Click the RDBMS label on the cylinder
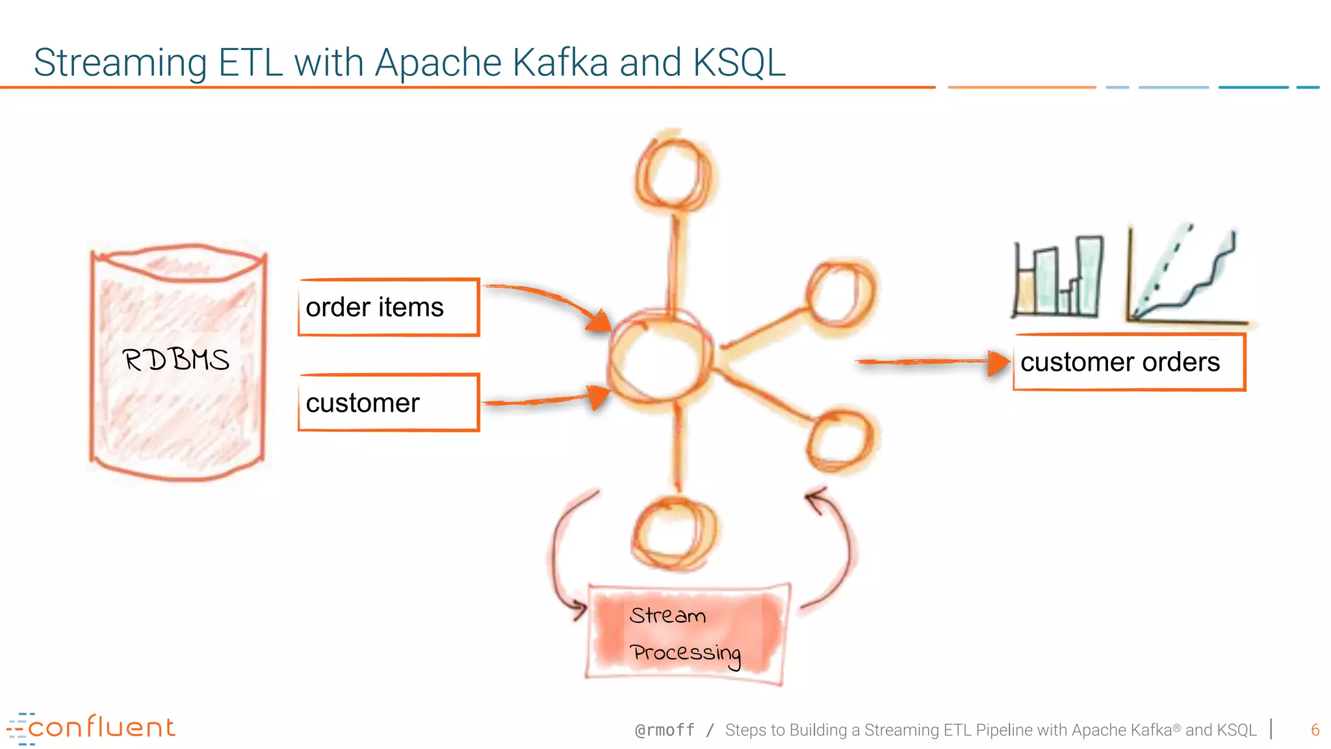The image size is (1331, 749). tap(175, 360)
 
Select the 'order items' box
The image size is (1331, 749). tap(389, 308)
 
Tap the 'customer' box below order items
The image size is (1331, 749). tap(389, 403)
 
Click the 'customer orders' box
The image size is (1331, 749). tap(1129, 362)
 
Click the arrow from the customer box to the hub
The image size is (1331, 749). tap(546, 399)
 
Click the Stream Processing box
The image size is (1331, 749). tap(686, 634)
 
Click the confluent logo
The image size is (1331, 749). tap(91, 728)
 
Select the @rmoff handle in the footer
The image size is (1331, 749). tap(664, 730)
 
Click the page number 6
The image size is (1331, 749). tap(1315, 729)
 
